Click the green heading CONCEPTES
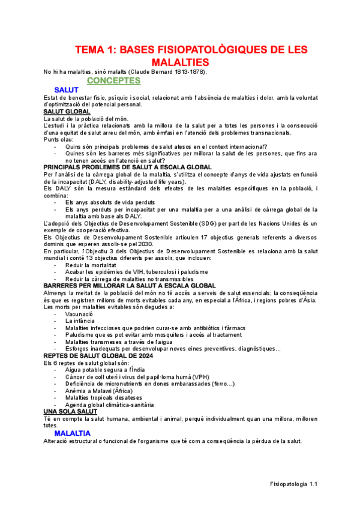click(x=113, y=80)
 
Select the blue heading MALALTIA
click(x=72, y=433)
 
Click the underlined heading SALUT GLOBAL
click(x=67, y=112)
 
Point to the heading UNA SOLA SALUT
click(x=71, y=411)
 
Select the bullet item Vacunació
click(x=79, y=314)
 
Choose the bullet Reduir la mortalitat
click(x=91, y=265)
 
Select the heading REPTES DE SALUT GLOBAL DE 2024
click(x=98, y=355)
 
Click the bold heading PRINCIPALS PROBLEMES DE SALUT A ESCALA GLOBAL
click(x=127, y=166)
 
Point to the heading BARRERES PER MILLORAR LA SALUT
click(x=130, y=286)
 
